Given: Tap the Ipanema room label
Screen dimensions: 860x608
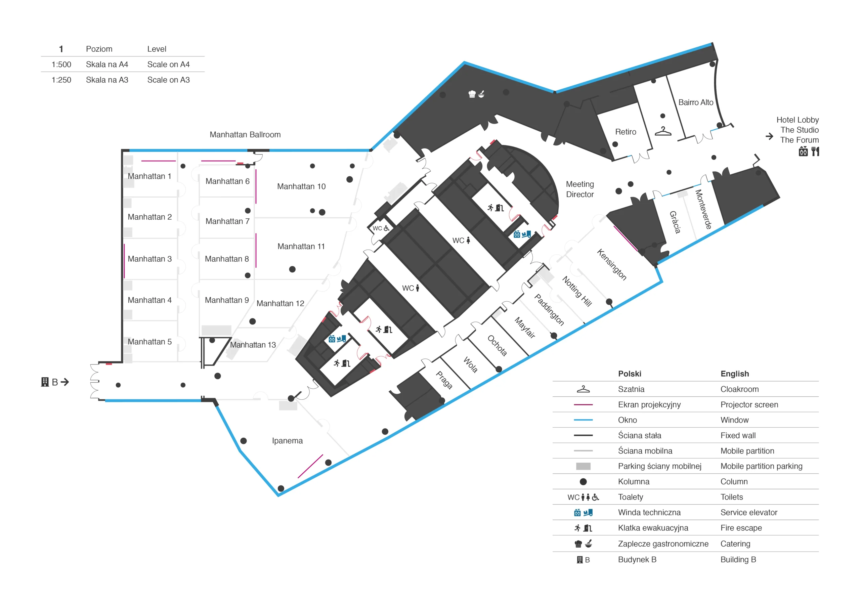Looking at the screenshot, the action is coord(287,441).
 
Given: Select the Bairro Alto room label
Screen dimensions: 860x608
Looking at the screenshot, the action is coord(696,102).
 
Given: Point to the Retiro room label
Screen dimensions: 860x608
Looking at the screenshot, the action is coord(626,132).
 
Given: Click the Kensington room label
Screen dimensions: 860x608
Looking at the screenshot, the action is coord(612,264).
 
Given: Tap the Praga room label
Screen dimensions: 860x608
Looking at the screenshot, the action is coord(444,380).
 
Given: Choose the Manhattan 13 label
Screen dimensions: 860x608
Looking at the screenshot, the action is coord(253,345).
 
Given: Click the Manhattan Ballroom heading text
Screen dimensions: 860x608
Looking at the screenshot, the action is coord(245,134).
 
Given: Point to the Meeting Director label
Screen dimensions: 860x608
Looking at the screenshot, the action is coord(580,189).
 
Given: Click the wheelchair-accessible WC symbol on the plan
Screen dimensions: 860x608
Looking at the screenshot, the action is coord(387,228).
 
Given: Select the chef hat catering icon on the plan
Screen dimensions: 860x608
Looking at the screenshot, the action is coord(472,94).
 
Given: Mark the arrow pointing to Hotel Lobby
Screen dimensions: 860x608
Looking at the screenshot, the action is coord(769,136).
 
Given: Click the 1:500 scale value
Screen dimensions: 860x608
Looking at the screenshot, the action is coord(61,64).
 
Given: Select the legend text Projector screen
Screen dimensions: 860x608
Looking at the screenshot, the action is coord(749,404).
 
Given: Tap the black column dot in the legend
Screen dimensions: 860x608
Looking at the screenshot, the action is coord(583,482).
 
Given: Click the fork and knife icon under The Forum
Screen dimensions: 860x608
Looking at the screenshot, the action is coord(815,151).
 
